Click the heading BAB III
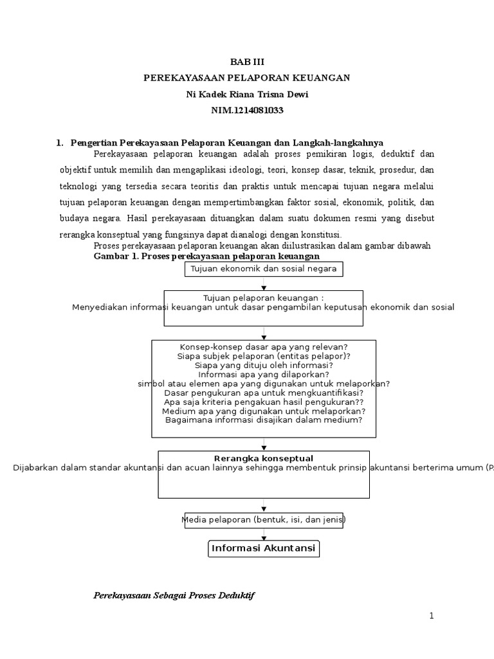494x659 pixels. pyautogui.click(x=247, y=62)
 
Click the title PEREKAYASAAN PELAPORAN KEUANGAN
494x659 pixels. pyautogui.click(x=247, y=78)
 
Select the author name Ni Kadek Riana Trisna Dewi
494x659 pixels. pyautogui.click(x=247, y=94)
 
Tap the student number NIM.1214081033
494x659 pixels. pyautogui.click(x=247, y=110)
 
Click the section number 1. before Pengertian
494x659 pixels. pyautogui.click(x=60, y=143)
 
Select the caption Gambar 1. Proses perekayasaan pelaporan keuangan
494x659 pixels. pyautogui.click(x=206, y=256)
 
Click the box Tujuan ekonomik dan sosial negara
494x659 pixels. pyautogui.click(x=264, y=269)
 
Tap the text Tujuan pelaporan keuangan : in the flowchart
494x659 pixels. pyautogui.click(x=263, y=298)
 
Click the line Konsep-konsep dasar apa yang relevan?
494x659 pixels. pyautogui.click(x=264, y=347)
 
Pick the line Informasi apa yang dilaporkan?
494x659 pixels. pyautogui.click(x=264, y=375)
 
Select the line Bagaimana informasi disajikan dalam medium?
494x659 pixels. pyautogui.click(x=264, y=420)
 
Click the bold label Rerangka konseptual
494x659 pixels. pyautogui.click(x=264, y=458)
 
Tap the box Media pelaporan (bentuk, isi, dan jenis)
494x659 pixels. pyautogui.click(x=264, y=520)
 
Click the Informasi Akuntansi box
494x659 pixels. pyautogui.click(x=264, y=548)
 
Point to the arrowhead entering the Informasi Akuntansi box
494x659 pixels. pyautogui.click(x=264, y=538)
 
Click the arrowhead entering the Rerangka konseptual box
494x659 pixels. pyautogui.click(x=264, y=449)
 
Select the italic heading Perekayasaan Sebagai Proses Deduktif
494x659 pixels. pyautogui.click(x=174, y=595)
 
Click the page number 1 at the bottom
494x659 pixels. pyautogui.click(x=432, y=616)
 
